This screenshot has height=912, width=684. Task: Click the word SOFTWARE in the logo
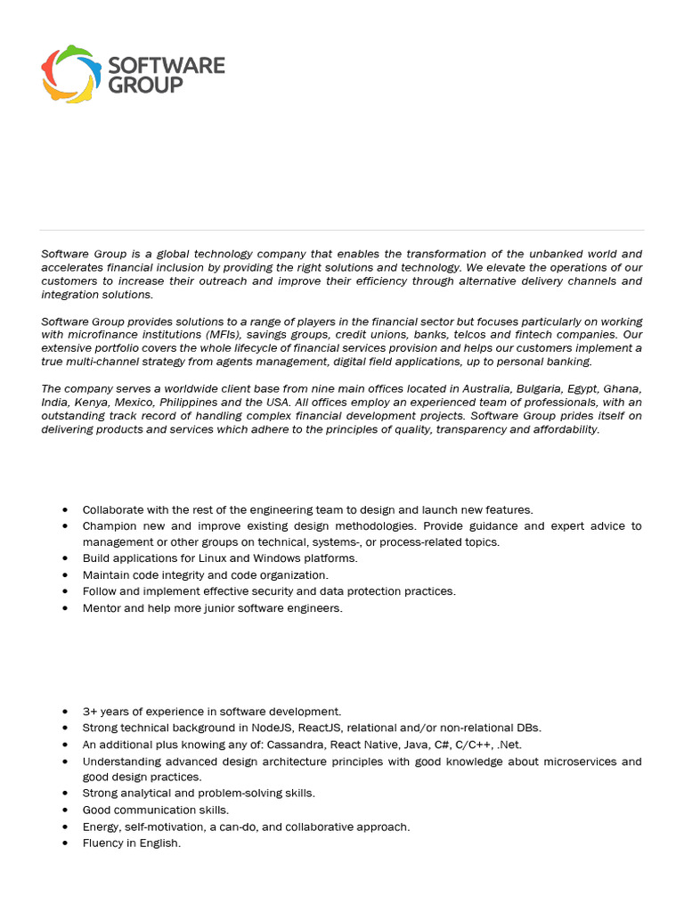pos(166,65)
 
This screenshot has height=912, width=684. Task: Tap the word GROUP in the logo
pos(145,85)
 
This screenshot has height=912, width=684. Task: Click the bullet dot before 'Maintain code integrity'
pos(66,575)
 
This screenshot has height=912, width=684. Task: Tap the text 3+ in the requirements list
pos(89,712)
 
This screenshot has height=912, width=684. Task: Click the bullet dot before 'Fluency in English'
pos(66,843)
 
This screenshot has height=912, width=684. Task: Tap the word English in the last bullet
pos(160,843)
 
